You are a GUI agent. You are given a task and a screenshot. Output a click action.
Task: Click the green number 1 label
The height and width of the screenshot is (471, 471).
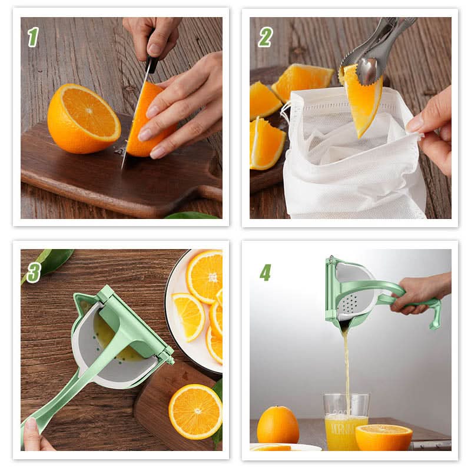[33, 37]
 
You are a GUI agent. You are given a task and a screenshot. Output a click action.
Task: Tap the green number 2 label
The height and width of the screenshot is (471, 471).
[265, 37]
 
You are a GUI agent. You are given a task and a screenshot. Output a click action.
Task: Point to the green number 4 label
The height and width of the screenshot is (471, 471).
[265, 272]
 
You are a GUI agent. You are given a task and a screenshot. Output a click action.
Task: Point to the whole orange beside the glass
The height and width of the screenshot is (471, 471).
[278, 424]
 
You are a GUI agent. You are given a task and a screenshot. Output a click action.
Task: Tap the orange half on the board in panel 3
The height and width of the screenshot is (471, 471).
[195, 411]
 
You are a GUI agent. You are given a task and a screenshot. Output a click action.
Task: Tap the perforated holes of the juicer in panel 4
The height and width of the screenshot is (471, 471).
[350, 303]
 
